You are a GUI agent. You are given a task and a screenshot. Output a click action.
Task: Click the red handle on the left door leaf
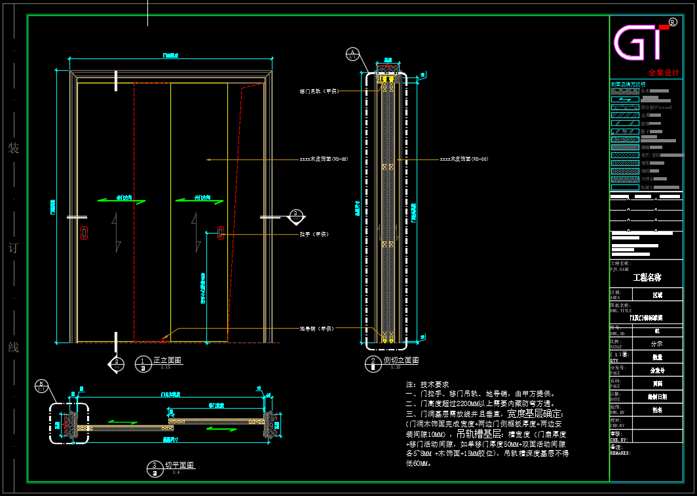[x=84, y=232]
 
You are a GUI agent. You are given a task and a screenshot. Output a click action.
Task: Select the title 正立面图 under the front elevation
[x=167, y=360]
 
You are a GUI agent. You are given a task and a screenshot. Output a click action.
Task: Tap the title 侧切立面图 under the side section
[x=401, y=360]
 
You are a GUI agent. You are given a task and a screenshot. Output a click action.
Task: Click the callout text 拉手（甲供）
[x=314, y=234]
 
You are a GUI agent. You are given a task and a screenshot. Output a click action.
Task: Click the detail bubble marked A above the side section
[x=353, y=53]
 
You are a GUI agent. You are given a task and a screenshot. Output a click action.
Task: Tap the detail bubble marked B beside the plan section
[x=41, y=385]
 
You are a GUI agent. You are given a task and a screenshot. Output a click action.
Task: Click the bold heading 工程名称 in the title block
[x=647, y=278]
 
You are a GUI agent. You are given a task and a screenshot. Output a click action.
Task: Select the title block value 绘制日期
[x=657, y=397]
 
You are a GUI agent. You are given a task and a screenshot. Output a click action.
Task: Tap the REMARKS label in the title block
[x=620, y=453]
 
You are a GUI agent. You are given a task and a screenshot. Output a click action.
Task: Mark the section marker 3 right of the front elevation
[x=296, y=215]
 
